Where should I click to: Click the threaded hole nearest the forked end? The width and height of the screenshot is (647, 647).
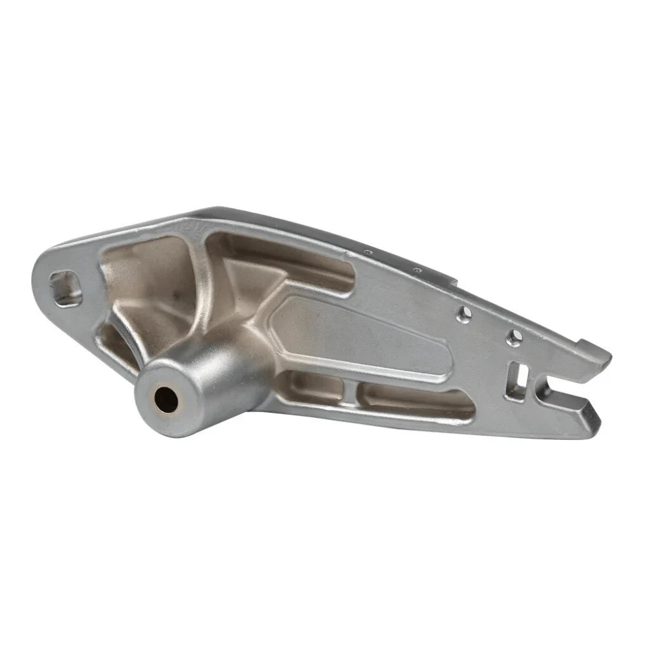[514, 336]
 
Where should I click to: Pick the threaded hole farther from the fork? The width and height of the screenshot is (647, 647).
[464, 314]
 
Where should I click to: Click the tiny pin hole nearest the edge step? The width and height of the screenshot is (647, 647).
[418, 270]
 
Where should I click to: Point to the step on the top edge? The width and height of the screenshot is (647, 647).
[456, 282]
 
